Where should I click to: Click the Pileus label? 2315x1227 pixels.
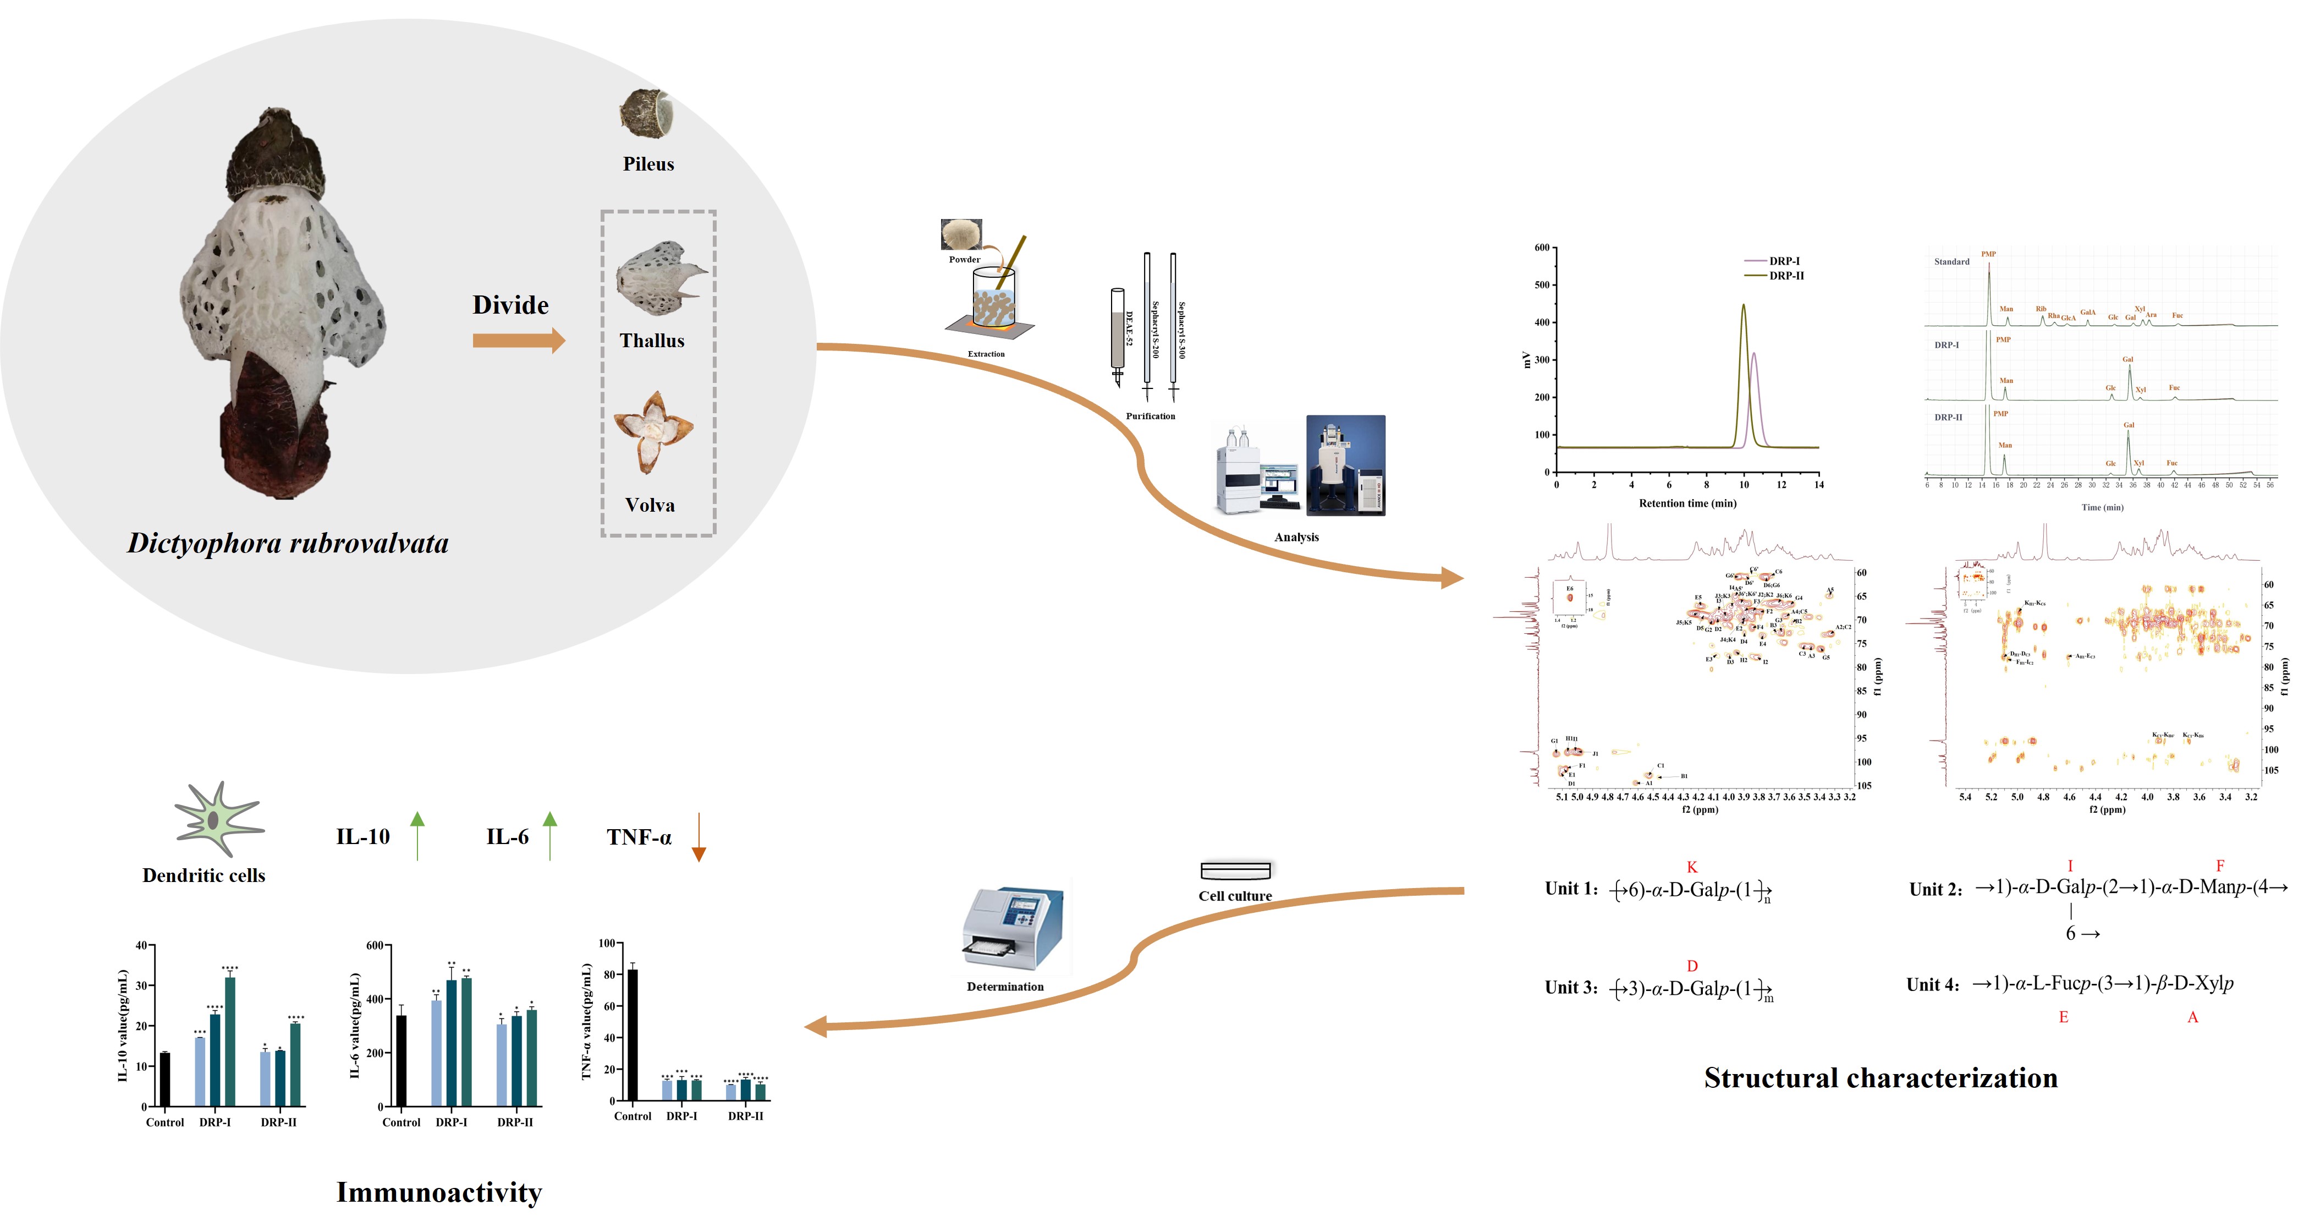coord(648,165)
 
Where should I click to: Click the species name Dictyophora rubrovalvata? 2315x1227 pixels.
coord(288,543)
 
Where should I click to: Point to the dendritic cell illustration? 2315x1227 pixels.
coord(216,819)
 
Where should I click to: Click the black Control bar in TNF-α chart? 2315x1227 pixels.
coord(633,1034)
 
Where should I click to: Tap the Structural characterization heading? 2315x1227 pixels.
coord(1880,1078)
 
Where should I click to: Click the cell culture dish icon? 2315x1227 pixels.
coord(1236,870)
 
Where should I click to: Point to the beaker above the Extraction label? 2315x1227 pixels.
coord(993,301)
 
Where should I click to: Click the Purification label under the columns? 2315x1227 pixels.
coord(1150,416)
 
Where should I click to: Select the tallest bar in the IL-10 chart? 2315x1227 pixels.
coord(230,1041)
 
